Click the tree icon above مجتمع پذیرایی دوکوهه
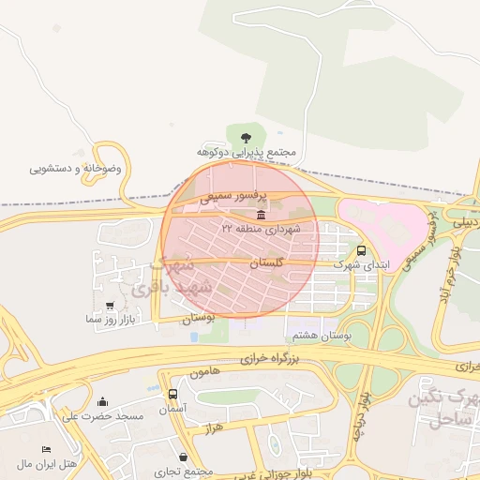[x=246, y=137]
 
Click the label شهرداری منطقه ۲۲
[x=261, y=229]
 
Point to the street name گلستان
[x=267, y=265]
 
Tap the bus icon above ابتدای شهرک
[x=362, y=250]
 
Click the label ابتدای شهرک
[x=362, y=266]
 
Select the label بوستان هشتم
[x=322, y=335]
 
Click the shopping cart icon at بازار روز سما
[x=111, y=305]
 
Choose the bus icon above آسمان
[x=172, y=394]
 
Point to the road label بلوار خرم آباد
[x=448, y=272]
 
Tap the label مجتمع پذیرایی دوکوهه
[x=247, y=152]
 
